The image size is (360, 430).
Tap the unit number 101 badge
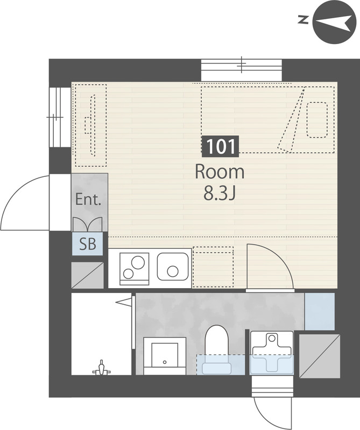(x=220, y=146)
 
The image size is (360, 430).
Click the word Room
(x=220, y=172)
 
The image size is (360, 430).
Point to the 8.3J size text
(x=220, y=193)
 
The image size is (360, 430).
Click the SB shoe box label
(x=88, y=244)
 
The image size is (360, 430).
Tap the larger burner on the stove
(x=138, y=262)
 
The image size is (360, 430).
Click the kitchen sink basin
(x=173, y=267)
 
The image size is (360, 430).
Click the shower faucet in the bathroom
(x=102, y=368)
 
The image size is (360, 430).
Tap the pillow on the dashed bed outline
(x=317, y=120)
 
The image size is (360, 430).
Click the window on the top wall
(x=242, y=70)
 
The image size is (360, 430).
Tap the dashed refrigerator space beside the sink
(x=213, y=267)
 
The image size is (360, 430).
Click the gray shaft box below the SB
(x=88, y=275)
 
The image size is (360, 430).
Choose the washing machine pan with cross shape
(x=272, y=353)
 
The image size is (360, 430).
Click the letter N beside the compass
(x=303, y=20)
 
